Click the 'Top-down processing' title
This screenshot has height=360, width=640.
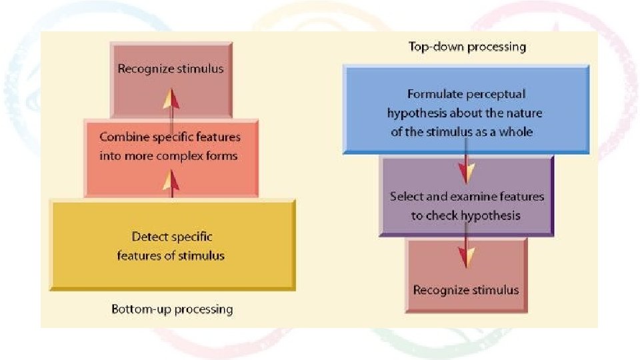tap(467, 47)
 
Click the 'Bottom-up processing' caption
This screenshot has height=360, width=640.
tap(172, 309)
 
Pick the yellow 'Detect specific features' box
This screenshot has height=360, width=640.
tap(172, 245)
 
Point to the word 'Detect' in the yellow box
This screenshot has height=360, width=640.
tap(148, 236)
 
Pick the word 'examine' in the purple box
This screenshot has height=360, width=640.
tap(478, 197)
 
